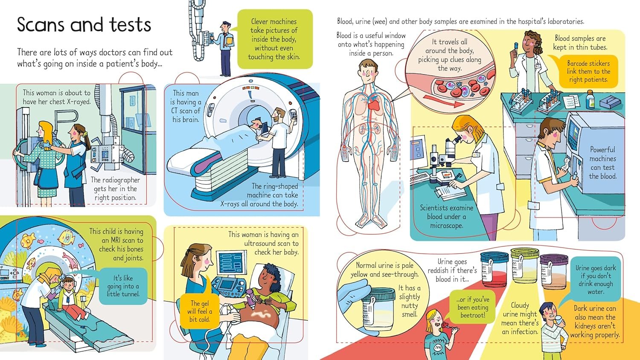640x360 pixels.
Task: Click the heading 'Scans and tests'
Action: point(84,25)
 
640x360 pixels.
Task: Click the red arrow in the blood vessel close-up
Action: point(443,101)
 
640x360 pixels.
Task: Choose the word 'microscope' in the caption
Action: point(446,226)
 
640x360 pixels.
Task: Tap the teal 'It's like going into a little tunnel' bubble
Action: point(123,286)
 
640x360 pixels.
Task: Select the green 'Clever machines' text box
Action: point(274,39)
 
